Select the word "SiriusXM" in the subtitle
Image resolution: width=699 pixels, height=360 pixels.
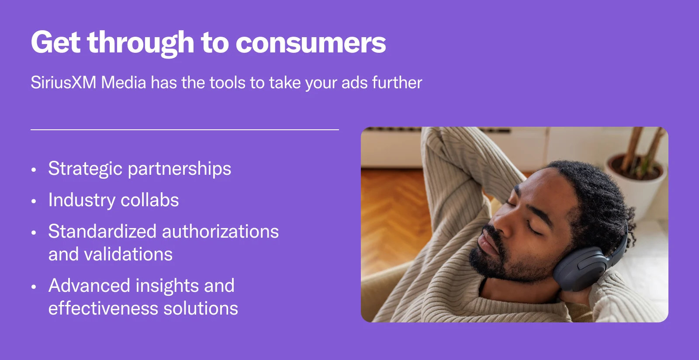(x=63, y=83)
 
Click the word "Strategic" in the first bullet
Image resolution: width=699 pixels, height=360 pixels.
(x=85, y=169)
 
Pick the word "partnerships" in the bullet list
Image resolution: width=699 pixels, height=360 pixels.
(x=180, y=169)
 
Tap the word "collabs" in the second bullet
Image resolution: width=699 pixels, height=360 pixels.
(x=150, y=200)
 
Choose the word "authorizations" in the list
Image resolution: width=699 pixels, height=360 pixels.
(x=220, y=232)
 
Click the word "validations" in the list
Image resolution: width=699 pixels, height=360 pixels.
(x=128, y=254)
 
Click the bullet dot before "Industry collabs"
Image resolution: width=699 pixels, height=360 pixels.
(x=34, y=201)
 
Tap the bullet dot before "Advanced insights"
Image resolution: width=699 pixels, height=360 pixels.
(x=34, y=287)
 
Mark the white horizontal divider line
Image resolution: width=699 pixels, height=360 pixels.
(x=185, y=129)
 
